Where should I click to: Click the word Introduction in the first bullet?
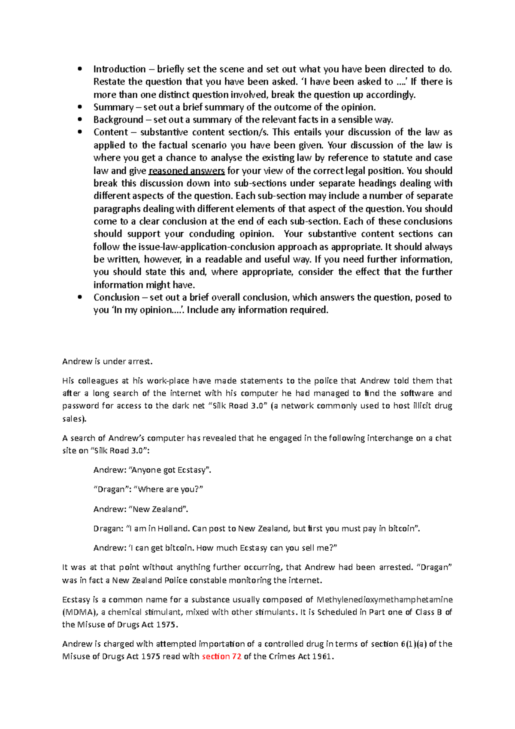point(119,69)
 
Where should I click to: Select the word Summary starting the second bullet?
point(113,107)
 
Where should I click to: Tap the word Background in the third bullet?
point(118,120)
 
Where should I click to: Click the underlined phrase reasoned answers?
point(187,171)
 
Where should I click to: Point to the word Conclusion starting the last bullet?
point(116,298)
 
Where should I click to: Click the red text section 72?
point(221,656)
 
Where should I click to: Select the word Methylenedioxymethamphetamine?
point(385,599)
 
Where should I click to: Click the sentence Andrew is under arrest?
point(107,361)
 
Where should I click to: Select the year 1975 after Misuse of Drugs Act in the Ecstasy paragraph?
point(167,625)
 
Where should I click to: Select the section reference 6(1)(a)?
point(414,644)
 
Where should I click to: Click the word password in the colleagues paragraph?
point(81,406)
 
